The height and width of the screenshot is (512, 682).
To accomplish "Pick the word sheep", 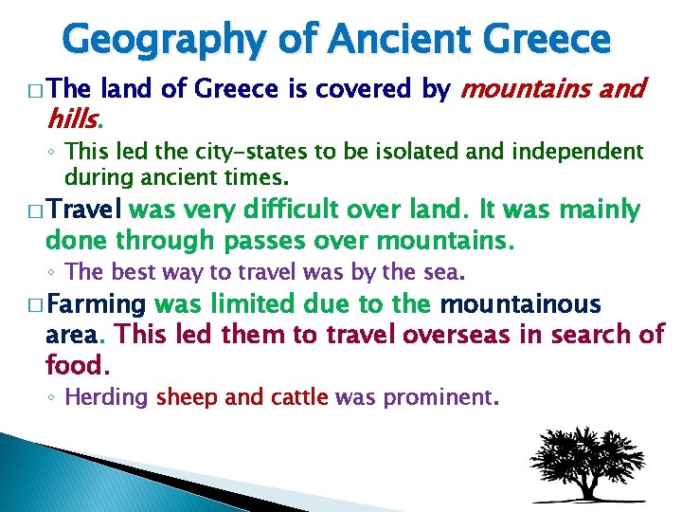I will tap(186, 397).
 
